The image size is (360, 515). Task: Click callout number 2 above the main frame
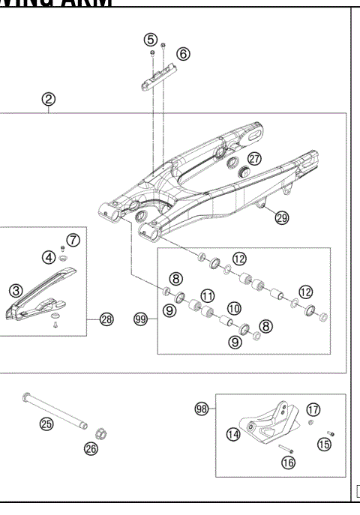tap(48, 99)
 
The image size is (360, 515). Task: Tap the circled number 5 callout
tap(151, 39)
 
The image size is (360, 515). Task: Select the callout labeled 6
tap(183, 54)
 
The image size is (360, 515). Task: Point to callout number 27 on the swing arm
tap(256, 159)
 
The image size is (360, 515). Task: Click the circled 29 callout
tap(282, 218)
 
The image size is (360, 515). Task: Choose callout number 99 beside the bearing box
tap(139, 319)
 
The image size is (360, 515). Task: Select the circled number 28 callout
tap(106, 319)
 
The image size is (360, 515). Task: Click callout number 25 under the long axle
tap(46, 424)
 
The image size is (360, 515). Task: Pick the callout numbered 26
tap(91, 449)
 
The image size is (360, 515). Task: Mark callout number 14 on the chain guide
tap(234, 433)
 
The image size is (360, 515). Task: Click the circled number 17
tap(313, 409)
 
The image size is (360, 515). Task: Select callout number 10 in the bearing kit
tap(234, 308)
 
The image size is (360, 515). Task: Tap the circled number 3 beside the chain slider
tap(15, 290)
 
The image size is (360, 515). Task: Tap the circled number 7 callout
tap(73, 240)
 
